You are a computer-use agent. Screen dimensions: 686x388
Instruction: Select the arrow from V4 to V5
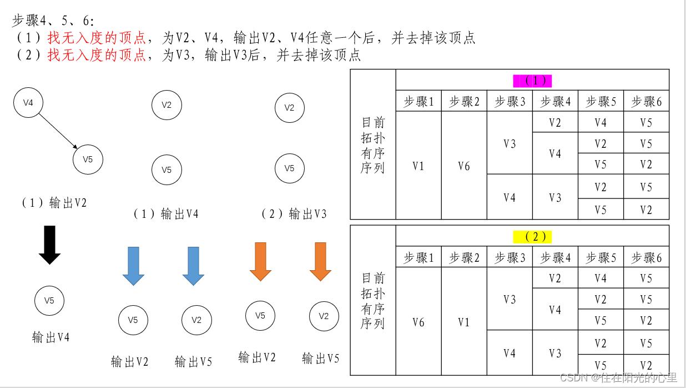click(x=58, y=131)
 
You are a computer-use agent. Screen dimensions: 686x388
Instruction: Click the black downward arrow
click(x=49, y=245)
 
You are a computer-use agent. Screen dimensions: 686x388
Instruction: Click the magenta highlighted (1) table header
click(x=532, y=81)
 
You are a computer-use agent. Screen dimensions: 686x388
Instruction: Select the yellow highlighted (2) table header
click(x=532, y=237)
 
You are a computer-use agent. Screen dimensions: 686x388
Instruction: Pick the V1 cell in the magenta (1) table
click(x=418, y=166)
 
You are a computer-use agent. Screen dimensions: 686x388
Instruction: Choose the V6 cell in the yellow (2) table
click(x=418, y=322)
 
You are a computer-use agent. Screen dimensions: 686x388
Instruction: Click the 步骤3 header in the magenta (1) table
click(x=510, y=101)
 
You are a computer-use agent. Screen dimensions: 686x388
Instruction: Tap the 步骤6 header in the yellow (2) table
click(x=647, y=257)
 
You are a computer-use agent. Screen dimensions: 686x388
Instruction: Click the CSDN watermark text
click(x=619, y=377)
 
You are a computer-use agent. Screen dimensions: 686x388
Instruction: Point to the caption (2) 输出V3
click(x=294, y=214)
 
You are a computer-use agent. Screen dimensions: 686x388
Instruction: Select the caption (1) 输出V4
click(x=166, y=214)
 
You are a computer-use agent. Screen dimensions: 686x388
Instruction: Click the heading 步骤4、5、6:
click(x=53, y=21)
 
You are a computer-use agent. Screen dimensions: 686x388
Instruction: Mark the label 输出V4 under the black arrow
click(x=51, y=337)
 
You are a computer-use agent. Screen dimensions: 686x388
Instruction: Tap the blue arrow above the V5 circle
click(x=133, y=266)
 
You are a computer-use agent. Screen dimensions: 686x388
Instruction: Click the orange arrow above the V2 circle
click(x=320, y=262)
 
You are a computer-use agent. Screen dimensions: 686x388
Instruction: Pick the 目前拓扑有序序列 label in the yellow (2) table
click(x=373, y=301)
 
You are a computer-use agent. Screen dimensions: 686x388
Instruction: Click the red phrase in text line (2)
click(x=96, y=55)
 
